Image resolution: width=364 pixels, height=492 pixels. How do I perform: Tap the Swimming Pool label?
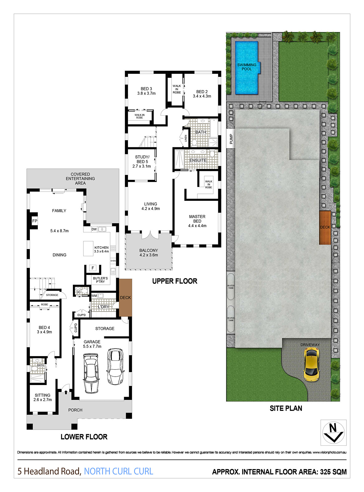coord(247,67)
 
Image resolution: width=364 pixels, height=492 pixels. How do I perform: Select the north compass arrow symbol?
coord(333,432)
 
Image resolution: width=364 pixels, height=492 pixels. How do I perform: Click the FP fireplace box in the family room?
coord(35,221)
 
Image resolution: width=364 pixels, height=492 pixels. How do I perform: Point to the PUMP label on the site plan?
coord(231,139)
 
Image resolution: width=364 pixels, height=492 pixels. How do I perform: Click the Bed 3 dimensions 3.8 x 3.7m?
coord(146,93)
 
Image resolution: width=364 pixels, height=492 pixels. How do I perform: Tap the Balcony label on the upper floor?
coord(148,250)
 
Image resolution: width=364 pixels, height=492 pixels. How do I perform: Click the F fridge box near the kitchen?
coord(93,268)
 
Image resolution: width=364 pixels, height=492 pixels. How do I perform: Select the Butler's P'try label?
coord(100,280)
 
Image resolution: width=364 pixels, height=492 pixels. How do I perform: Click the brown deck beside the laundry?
coord(125,297)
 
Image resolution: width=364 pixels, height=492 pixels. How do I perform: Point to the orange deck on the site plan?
coord(325,227)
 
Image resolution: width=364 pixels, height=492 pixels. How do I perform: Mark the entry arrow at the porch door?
coord(66,392)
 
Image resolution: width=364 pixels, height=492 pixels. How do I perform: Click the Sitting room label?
coord(42,395)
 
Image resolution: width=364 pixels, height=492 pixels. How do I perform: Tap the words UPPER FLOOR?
coord(175,281)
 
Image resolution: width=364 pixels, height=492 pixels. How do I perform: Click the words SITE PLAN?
coord(286,408)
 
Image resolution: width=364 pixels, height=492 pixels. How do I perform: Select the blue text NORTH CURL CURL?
coord(118,471)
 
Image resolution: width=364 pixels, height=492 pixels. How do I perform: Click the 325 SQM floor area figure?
coord(333,472)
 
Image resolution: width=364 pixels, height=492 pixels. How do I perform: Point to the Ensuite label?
coord(198,161)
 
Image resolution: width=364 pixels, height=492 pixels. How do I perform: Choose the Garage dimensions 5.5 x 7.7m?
coord(92,346)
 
